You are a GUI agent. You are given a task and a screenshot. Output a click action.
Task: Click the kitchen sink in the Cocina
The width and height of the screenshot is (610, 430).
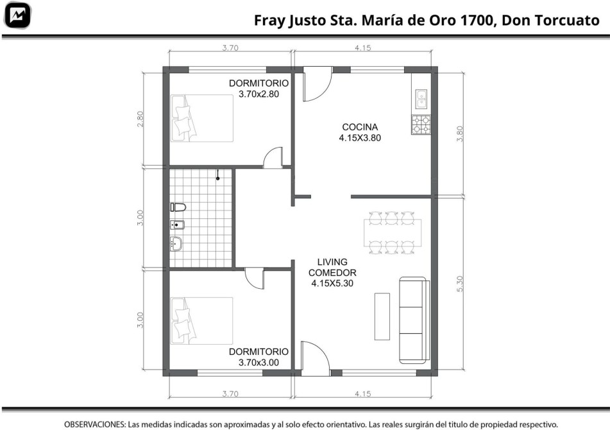(x=421, y=99)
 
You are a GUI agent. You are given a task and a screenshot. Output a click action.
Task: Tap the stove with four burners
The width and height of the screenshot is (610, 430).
(x=421, y=125)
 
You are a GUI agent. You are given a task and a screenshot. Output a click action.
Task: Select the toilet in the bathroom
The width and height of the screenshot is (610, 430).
(x=178, y=207)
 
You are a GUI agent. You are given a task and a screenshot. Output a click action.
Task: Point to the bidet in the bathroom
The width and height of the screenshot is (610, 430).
(x=178, y=225)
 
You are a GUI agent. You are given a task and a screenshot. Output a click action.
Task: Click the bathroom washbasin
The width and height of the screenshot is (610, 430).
(x=176, y=244)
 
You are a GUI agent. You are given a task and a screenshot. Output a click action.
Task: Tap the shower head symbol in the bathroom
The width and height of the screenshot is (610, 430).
(x=218, y=175)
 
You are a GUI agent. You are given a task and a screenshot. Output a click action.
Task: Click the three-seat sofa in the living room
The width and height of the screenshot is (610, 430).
(x=415, y=320)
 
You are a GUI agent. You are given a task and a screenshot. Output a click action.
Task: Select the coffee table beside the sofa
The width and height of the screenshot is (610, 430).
(x=382, y=317)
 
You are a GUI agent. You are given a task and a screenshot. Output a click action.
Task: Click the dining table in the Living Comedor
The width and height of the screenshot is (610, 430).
(x=392, y=233)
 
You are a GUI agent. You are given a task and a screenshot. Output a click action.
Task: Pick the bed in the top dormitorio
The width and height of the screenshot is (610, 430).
(x=202, y=118)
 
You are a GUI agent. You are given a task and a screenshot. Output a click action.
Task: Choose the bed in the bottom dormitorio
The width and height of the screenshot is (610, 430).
(x=202, y=321)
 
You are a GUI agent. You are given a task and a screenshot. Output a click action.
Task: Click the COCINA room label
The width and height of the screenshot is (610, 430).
(x=360, y=127)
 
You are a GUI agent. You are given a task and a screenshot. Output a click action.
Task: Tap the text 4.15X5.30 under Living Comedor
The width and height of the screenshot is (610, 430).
(x=332, y=283)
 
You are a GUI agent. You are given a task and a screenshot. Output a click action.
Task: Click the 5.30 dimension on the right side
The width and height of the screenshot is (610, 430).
(x=460, y=284)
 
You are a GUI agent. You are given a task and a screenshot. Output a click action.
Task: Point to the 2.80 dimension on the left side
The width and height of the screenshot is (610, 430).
(x=140, y=119)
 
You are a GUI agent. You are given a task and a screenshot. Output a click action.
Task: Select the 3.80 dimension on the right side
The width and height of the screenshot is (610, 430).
(x=460, y=133)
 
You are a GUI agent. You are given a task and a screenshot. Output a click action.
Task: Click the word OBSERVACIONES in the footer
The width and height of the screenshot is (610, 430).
(x=94, y=424)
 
